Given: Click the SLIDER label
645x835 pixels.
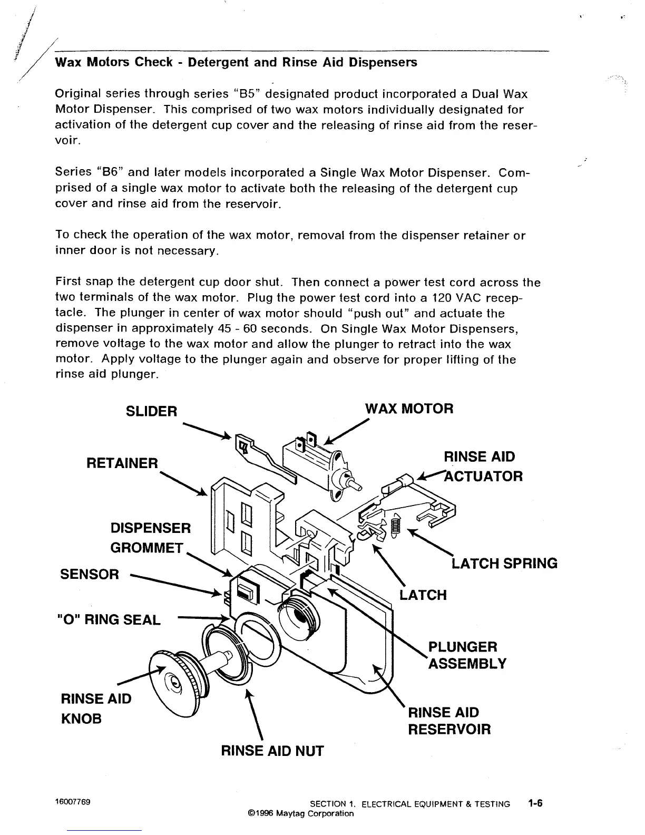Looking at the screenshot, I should pyautogui.click(x=151, y=411).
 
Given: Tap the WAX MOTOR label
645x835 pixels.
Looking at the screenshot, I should pyautogui.click(x=409, y=409).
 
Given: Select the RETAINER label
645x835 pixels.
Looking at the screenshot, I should pyautogui.click(x=122, y=463).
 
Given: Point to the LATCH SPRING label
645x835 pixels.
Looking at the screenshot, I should pyautogui.click(x=504, y=564).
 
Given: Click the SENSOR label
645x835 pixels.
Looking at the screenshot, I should pyautogui.click(x=90, y=574).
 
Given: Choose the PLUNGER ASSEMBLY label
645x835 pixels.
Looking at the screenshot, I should pyautogui.click(x=467, y=655).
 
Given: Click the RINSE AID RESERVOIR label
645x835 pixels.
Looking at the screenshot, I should pyautogui.click(x=449, y=721).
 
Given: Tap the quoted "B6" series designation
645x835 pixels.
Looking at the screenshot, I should pyautogui.click(x=110, y=172).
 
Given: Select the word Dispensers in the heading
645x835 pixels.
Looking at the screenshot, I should pyautogui.click(x=384, y=62).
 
